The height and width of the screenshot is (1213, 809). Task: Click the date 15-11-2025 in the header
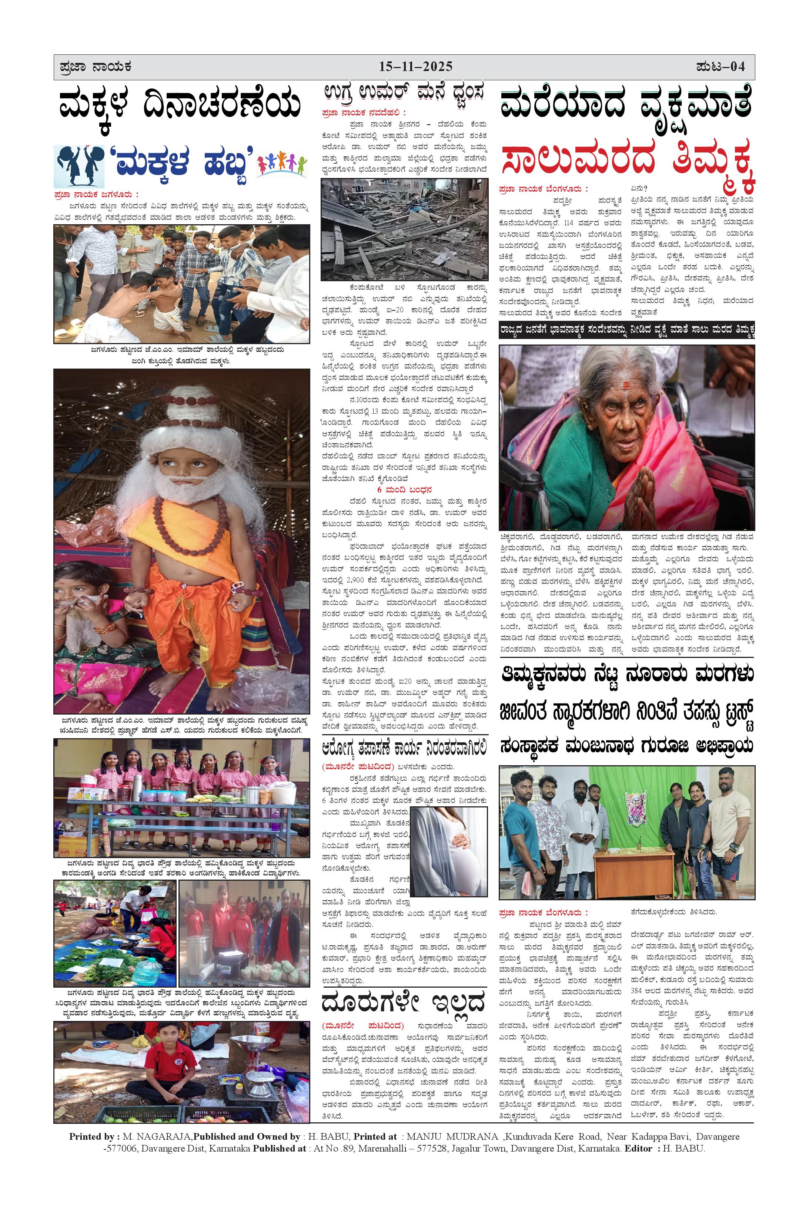[x=415, y=67]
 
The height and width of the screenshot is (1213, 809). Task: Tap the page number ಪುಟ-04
[x=720, y=67]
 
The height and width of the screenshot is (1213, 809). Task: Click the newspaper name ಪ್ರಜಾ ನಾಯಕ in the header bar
[x=96, y=67]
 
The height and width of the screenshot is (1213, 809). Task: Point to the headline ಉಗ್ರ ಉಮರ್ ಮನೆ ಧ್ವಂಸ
[x=404, y=94]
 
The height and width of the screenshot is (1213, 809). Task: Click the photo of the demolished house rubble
[x=404, y=230]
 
